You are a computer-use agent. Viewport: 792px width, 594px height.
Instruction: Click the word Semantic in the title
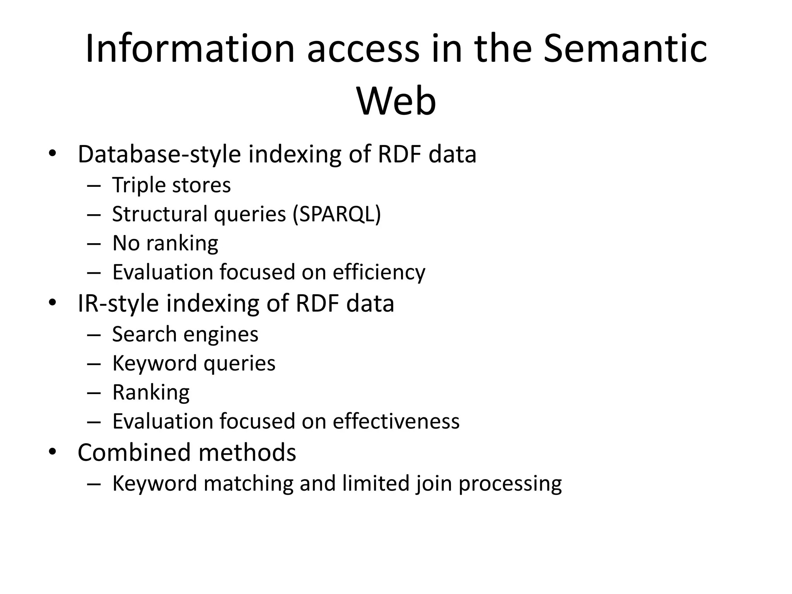(x=625, y=49)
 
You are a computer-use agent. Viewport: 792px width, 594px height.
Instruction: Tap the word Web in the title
(x=396, y=101)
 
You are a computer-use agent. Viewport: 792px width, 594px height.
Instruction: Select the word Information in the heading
(x=190, y=49)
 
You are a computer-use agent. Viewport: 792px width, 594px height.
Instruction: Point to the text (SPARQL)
(x=336, y=214)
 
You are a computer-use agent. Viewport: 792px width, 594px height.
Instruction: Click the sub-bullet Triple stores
(x=171, y=185)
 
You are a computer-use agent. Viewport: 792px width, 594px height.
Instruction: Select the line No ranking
(x=165, y=243)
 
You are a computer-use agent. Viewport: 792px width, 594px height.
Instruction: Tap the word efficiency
(x=379, y=272)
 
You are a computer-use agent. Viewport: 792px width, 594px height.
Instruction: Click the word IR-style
(x=118, y=303)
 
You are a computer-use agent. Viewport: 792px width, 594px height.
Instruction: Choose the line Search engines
(x=185, y=334)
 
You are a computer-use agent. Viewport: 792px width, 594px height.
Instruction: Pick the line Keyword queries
(x=194, y=363)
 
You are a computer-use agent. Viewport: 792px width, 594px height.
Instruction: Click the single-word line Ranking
(x=151, y=392)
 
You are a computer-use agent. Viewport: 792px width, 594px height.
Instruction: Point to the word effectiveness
(x=396, y=421)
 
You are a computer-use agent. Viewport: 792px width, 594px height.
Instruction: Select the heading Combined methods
(x=187, y=452)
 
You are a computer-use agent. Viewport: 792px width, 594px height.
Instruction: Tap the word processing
(x=510, y=484)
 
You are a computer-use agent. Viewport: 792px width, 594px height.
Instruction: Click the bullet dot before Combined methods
(x=53, y=452)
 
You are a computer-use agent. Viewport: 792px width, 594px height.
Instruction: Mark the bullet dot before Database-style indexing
(x=53, y=154)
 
